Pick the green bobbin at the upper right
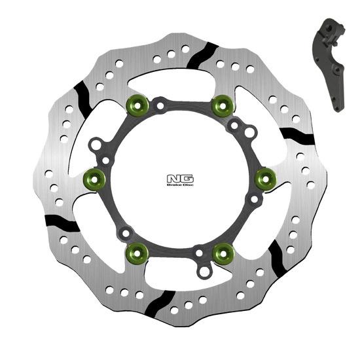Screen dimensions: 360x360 point(223,102)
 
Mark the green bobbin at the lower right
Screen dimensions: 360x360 point(223,249)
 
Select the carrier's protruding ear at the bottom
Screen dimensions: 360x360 point(204,268)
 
